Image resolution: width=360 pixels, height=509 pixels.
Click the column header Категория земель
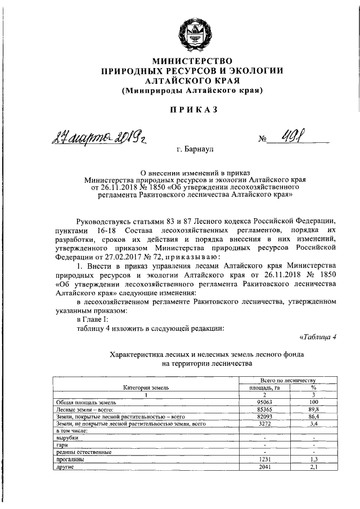point(146,388)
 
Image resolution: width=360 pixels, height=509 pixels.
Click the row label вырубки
point(67,438)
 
